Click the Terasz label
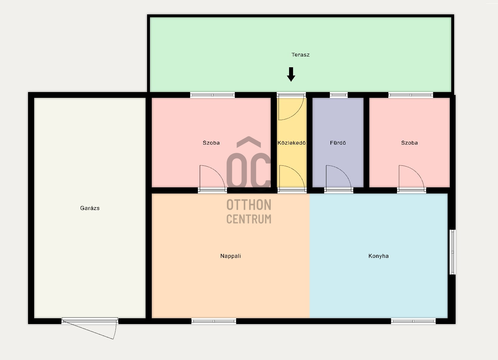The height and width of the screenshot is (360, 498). pyautogui.click(x=300, y=55)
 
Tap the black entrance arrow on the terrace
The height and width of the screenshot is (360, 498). pyautogui.click(x=291, y=74)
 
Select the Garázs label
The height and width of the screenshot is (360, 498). pyautogui.click(x=90, y=208)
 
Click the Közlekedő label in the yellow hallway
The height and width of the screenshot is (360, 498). pyautogui.click(x=292, y=143)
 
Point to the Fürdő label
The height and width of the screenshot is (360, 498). pyautogui.click(x=338, y=143)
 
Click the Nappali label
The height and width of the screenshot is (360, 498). pyautogui.click(x=230, y=256)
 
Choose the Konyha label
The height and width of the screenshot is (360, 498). pyautogui.click(x=378, y=256)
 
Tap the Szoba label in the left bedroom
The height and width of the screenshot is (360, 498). pyautogui.click(x=211, y=143)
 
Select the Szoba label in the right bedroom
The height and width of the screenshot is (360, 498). pyautogui.click(x=410, y=143)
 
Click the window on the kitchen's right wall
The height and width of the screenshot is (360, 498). pyautogui.click(x=453, y=252)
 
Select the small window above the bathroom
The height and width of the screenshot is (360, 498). pyautogui.click(x=339, y=95)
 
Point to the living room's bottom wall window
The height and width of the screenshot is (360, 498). pyautogui.click(x=214, y=321)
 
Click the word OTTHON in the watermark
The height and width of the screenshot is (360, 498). pyautogui.click(x=249, y=205)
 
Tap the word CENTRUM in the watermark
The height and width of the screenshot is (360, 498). pyautogui.click(x=249, y=219)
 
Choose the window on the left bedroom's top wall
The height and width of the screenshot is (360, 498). pyautogui.click(x=212, y=95)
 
